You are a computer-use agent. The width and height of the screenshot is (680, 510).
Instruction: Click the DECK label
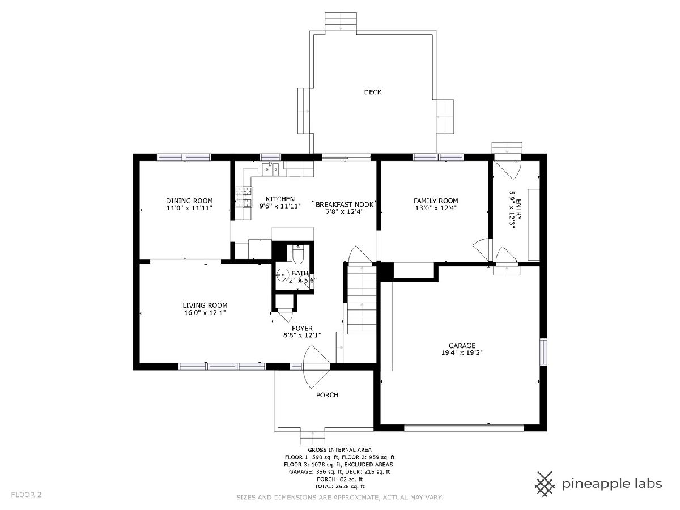coord(373,92)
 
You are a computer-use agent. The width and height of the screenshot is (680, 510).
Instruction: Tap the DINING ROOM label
coord(189,201)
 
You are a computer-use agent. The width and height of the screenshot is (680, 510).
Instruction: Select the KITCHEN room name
coord(280,199)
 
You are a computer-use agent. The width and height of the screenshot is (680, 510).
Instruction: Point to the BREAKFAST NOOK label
coord(345,205)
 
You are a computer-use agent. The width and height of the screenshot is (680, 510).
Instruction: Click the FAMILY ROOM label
coord(436,201)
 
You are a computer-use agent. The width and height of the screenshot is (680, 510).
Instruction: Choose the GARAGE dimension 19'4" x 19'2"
coord(462,352)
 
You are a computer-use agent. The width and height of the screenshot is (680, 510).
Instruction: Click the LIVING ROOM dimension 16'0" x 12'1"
coord(205,312)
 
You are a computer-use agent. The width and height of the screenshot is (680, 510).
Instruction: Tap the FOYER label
coord(302,328)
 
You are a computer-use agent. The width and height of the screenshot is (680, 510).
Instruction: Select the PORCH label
coord(328,395)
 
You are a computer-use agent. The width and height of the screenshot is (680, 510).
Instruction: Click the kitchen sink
coord(271,169)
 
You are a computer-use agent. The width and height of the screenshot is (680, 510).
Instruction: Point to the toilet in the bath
coord(298,254)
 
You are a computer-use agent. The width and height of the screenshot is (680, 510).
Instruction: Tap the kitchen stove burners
coord(247,197)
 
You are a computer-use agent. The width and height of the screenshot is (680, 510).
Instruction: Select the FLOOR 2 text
coord(26,495)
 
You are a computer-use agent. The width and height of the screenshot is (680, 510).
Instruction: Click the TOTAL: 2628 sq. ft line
coord(339,486)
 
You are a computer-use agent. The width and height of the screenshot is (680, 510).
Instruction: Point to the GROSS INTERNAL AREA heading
coord(339,449)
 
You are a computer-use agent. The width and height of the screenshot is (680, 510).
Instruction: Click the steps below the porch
coord(313,437)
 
